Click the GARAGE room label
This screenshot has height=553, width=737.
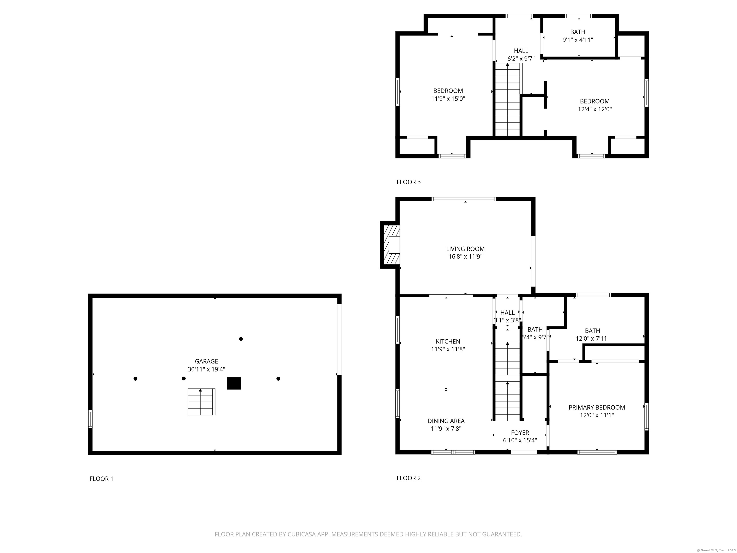206,361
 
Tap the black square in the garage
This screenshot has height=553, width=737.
234,383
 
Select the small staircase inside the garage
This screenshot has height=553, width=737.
202,402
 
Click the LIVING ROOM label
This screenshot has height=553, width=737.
465,249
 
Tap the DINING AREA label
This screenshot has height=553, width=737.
446,421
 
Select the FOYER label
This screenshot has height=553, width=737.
520,433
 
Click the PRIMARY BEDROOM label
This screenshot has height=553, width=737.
597,407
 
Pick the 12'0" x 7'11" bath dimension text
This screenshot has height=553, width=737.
593,339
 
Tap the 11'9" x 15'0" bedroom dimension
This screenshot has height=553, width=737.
448,99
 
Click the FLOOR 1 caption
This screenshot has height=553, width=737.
101,479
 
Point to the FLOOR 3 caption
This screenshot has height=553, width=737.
409,182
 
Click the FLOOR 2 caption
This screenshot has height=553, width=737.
409,478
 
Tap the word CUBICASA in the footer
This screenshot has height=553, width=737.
294,534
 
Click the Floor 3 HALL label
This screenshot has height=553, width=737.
521,51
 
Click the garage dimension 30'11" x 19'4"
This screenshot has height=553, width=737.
206,369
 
